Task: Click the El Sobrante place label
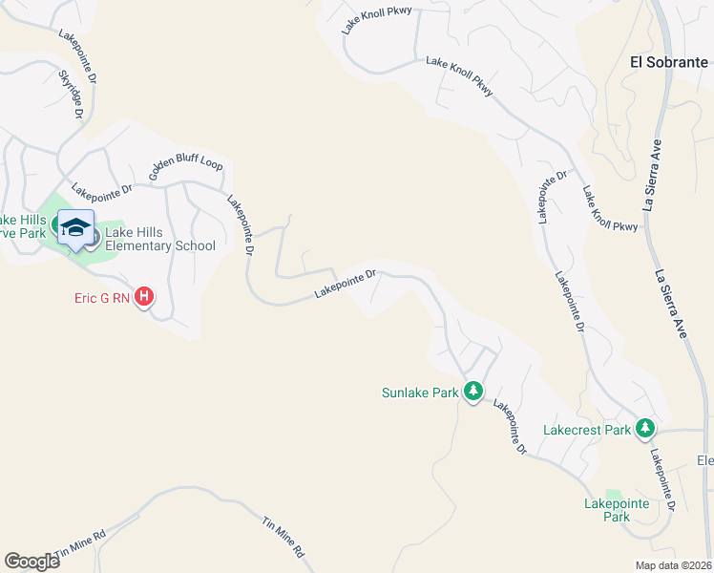(x=667, y=62)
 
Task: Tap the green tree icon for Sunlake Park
(x=472, y=392)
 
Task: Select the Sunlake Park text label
(x=420, y=393)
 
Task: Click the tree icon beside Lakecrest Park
(x=646, y=429)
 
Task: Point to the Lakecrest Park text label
(x=587, y=430)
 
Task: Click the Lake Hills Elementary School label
(x=161, y=239)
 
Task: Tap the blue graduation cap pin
(x=75, y=228)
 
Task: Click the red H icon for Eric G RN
(x=143, y=298)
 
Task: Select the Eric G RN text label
(x=102, y=298)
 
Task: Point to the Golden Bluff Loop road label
(x=185, y=170)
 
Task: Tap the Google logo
(x=31, y=562)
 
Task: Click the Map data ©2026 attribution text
(x=673, y=565)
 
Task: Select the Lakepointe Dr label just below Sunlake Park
(x=510, y=426)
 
